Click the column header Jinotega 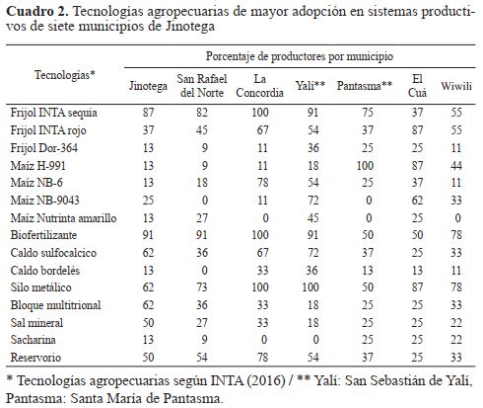pyautogui.click(x=148, y=86)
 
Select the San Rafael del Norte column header pyautogui.click(x=202, y=86)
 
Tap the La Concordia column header pyautogui.click(x=259, y=86)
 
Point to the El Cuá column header pyautogui.click(x=417, y=86)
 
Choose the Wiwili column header pyautogui.click(x=456, y=86)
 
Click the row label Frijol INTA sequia pyautogui.click(x=53, y=113)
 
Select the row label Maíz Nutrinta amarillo pyautogui.click(x=63, y=218)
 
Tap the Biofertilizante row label pyautogui.click(x=43, y=235)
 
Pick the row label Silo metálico pyautogui.click(x=40, y=287)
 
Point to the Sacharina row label pyautogui.click(x=33, y=340)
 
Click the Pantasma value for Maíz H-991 pyautogui.click(x=365, y=165)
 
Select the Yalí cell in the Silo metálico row pyautogui.click(x=310, y=287)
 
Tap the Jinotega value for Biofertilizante pyautogui.click(x=148, y=235)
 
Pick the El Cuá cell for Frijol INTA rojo pyautogui.click(x=417, y=130)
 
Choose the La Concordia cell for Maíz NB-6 pyautogui.click(x=263, y=183)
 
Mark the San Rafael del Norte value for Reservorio pyautogui.click(x=202, y=358)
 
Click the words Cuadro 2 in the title pyautogui.click(x=37, y=12)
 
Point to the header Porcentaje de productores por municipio pyautogui.click(x=300, y=56)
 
